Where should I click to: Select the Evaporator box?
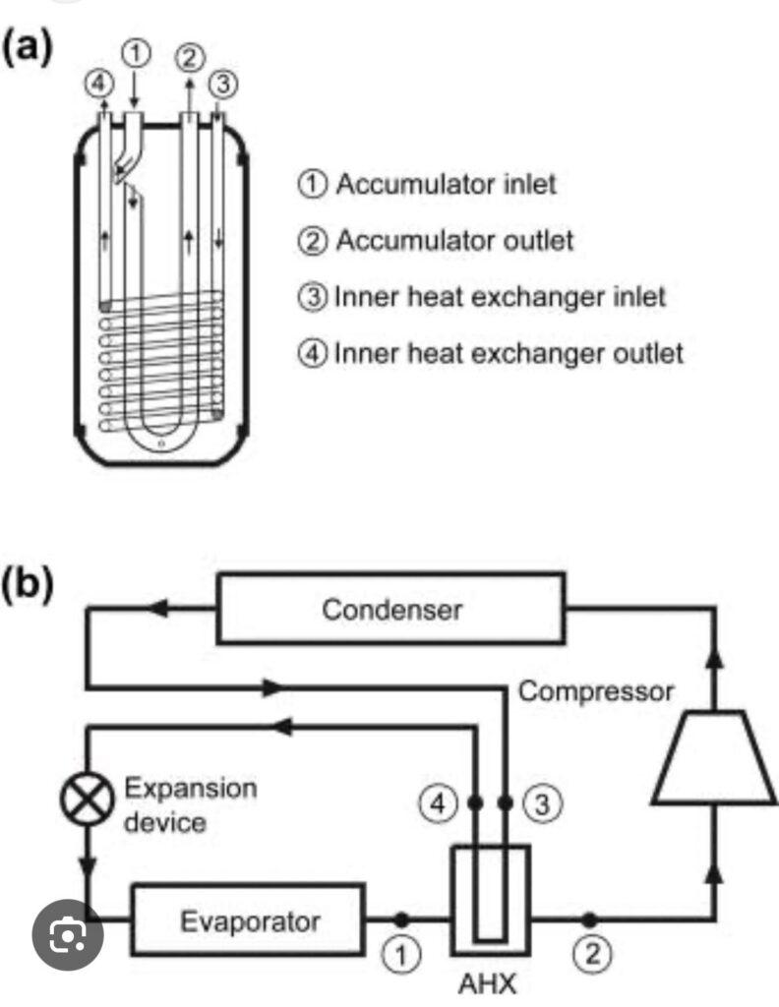tap(250, 921)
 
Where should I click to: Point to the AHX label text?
tap(490, 982)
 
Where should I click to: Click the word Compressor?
tap(596, 690)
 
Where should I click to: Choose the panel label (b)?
tap(29, 583)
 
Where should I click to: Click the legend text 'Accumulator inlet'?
tap(446, 184)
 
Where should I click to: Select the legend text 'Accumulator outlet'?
tap(452, 240)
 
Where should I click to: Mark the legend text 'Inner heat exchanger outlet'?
tap(508, 352)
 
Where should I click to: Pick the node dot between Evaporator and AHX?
tap(400, 920)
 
